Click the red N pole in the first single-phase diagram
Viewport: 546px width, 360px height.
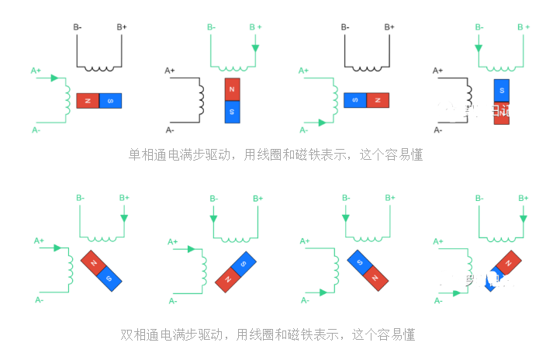[88, 102]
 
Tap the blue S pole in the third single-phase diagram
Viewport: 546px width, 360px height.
[355, 101]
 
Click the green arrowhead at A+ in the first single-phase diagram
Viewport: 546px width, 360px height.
[54, 78]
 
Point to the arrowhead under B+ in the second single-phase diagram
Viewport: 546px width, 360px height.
[255, 49]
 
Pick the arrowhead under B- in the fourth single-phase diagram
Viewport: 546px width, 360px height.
[479, 48]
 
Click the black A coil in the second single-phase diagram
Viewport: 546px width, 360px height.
[202, 100]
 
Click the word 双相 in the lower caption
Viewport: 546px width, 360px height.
[135, 335]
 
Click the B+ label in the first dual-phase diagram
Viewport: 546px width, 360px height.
[123, 199]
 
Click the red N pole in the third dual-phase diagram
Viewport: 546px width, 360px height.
[378, 275]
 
